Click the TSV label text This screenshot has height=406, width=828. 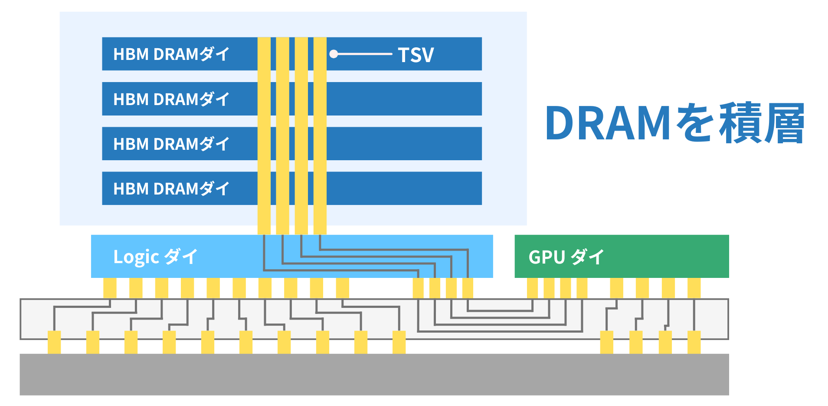[416, 55]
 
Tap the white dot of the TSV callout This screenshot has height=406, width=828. [334, 54]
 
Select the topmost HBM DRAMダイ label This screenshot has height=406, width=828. [171, 54]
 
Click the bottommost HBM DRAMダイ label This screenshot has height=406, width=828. [171, 189]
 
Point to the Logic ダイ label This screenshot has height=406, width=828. [155, 257]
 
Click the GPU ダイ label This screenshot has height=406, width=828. [566, 257]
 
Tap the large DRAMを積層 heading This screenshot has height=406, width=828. [675, 123]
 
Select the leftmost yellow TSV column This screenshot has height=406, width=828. [264, 136]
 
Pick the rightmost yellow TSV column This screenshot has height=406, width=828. [320, 136]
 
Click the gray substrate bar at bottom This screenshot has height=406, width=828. [374, 374]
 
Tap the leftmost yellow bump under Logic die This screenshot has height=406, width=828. [110, 288]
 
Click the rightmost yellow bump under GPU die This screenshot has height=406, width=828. [694, 288]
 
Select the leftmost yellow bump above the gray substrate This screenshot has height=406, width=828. [54, 342]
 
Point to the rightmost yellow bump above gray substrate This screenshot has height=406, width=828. [694, 342]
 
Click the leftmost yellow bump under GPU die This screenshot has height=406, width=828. [532, 288]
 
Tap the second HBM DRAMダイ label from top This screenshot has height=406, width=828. [171, 99]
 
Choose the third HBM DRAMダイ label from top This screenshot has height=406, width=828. [171, 144]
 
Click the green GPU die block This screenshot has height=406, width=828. [622, 256]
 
